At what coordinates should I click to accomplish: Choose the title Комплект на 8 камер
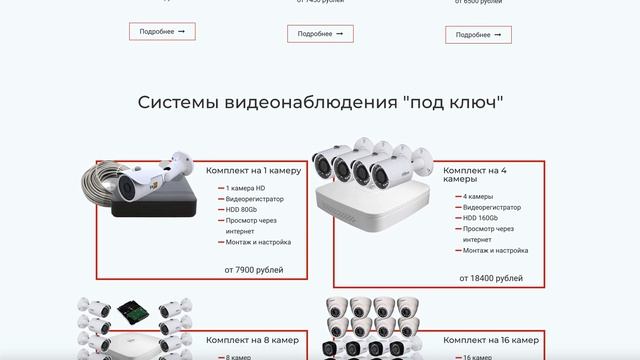click(252, 340)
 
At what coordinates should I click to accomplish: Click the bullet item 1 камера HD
click(246, 189)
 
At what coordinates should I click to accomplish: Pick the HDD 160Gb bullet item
click(482, 217)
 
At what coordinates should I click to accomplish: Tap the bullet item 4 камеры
click(478, 196)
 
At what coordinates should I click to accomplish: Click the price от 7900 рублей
click(253, 270)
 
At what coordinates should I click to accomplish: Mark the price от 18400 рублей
click(490, 278)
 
